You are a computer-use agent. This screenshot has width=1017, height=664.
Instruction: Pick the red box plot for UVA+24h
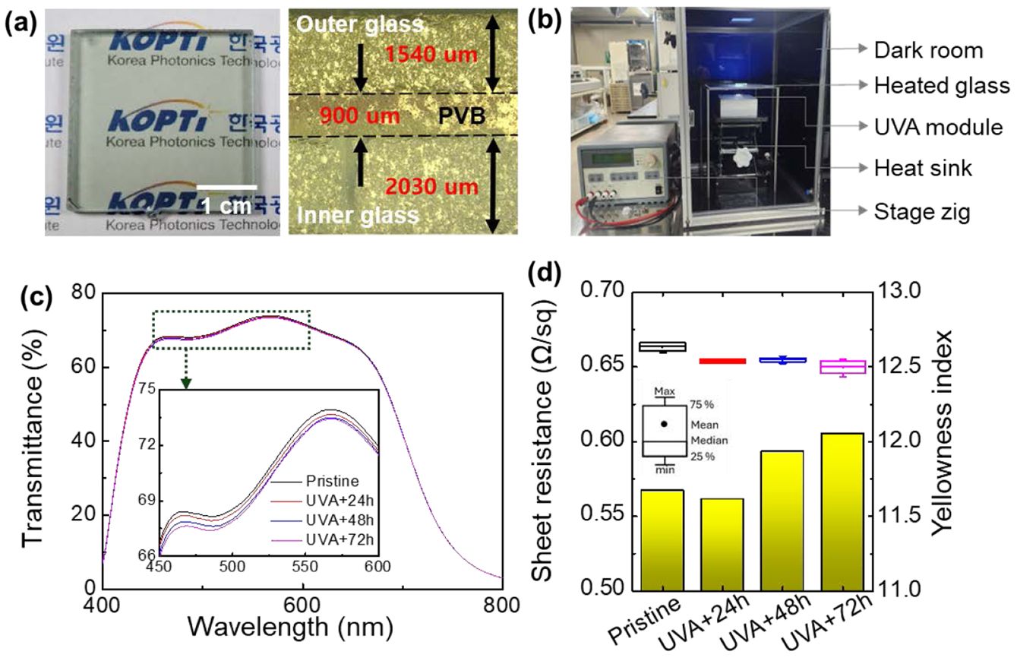[x=722, y=360]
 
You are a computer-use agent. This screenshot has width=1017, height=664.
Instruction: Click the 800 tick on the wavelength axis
[x=501, y=606]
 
